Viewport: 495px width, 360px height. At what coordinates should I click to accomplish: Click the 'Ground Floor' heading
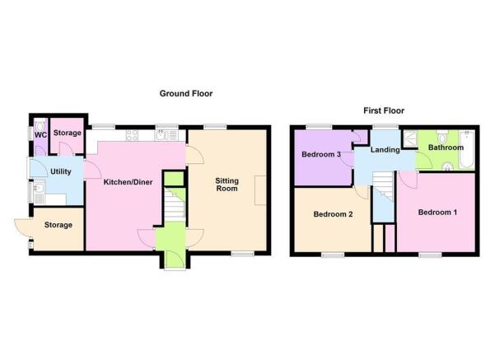coord(185,94)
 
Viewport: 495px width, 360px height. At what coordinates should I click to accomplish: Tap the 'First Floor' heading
coord(384,110)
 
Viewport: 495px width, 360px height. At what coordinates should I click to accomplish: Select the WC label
coord(39,135)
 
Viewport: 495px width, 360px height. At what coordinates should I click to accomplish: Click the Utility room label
coord(60,171)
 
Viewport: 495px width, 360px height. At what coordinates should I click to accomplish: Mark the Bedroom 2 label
coord(332,214)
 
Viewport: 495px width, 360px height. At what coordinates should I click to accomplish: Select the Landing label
coord(385,150)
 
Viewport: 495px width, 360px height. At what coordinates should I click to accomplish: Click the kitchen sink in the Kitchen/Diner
coord(164,135)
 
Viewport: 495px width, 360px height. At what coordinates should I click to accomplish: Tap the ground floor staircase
coord(174,206)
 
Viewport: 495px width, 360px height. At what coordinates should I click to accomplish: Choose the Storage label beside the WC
coord(68,133)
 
